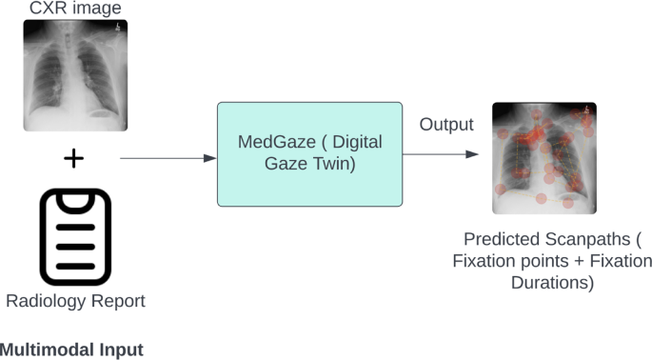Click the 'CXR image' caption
(74, 9)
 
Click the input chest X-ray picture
(75, 75)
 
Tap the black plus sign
(74, 158)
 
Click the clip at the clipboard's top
(75, 202)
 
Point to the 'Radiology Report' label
(75, 302)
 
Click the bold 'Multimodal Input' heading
(71, 350)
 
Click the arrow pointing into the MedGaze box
(168, 158)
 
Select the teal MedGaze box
(309, 154)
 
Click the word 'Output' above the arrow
(446, 125)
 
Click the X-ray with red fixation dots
(544, 157)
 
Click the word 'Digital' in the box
(356, 142)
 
